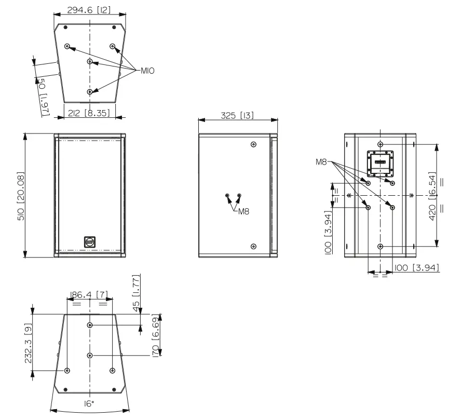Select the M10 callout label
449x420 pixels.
147,70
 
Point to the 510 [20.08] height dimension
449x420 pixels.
21,195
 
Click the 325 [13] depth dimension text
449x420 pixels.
237,116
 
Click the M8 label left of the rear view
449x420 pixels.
322,162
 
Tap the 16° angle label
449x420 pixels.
89,403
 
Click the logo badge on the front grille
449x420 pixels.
89,241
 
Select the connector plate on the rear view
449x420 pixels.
380,162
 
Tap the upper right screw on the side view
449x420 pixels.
253,144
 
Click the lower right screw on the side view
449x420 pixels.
253,246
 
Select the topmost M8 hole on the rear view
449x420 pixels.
380,144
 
